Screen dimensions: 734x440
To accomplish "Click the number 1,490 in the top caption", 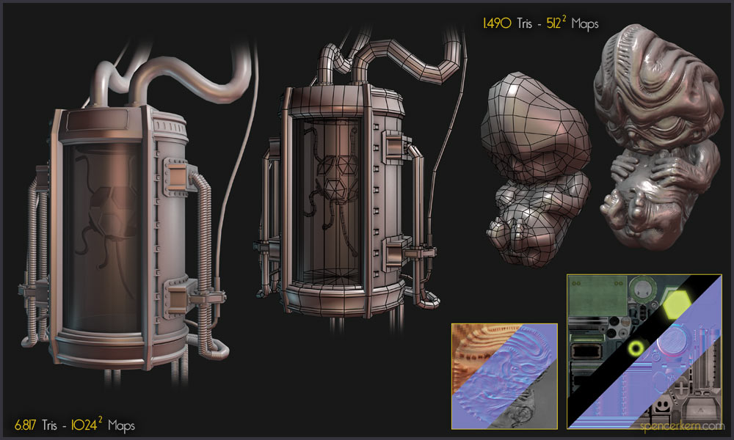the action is (x=497, y=23).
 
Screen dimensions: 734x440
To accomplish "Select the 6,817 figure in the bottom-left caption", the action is (x=25, y=425).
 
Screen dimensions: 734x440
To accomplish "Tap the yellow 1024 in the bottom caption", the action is (x=84, y=425).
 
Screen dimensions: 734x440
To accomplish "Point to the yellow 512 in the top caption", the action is (x=553, y=23).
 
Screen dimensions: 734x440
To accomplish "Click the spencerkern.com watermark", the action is (x=682, y=426).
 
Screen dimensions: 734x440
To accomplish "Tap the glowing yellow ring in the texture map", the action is (x=636, y=348).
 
